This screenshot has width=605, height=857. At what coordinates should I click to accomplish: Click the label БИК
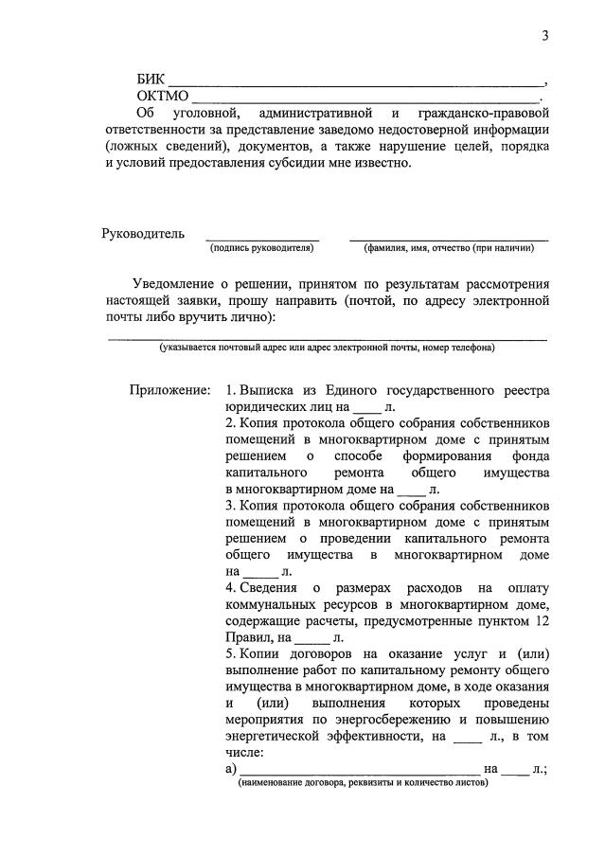(151, 80)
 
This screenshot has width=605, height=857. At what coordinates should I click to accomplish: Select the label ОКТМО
(163, 96)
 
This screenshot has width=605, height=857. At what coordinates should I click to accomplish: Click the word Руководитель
(143, 234)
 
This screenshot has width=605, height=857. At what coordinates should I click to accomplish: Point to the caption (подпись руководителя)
(262, 248)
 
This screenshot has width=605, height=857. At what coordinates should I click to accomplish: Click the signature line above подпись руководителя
(262, 240)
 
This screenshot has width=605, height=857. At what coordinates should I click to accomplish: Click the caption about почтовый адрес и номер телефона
(327, 348)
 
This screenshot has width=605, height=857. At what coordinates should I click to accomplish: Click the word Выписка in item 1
(269, 390)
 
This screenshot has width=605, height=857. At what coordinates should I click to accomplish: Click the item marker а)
(232, 770)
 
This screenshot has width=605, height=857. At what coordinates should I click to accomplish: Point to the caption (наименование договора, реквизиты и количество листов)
(364, 785)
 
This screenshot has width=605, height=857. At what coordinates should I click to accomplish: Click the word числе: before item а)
(245, 752)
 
